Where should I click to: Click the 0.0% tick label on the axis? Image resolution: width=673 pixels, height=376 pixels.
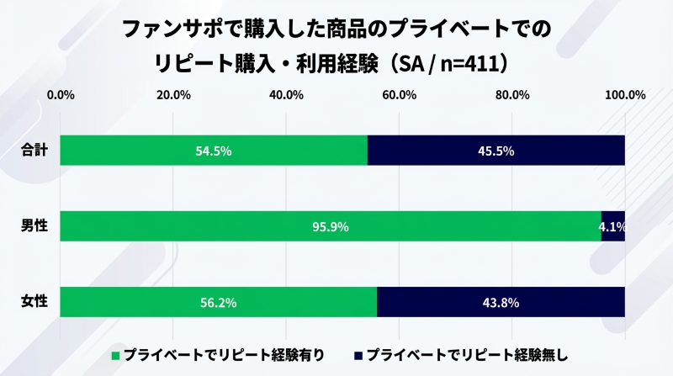pyautogui.click(x=61, y=94)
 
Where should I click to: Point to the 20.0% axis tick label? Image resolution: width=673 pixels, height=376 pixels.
pyautogui.click(x=172, y=94)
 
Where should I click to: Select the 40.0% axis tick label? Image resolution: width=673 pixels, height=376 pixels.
pyautogui.click(x=286, y=94)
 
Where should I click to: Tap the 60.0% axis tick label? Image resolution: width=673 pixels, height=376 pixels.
pyautogui.click(x=399, y=94)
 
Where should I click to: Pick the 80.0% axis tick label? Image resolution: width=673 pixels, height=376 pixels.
pyautogui.click(x=511, y=94)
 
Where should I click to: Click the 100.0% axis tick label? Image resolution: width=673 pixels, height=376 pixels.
pyautogui.click(x=624, y=94)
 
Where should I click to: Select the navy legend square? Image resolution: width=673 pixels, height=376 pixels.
pyautogui.click(x=359, y=355)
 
